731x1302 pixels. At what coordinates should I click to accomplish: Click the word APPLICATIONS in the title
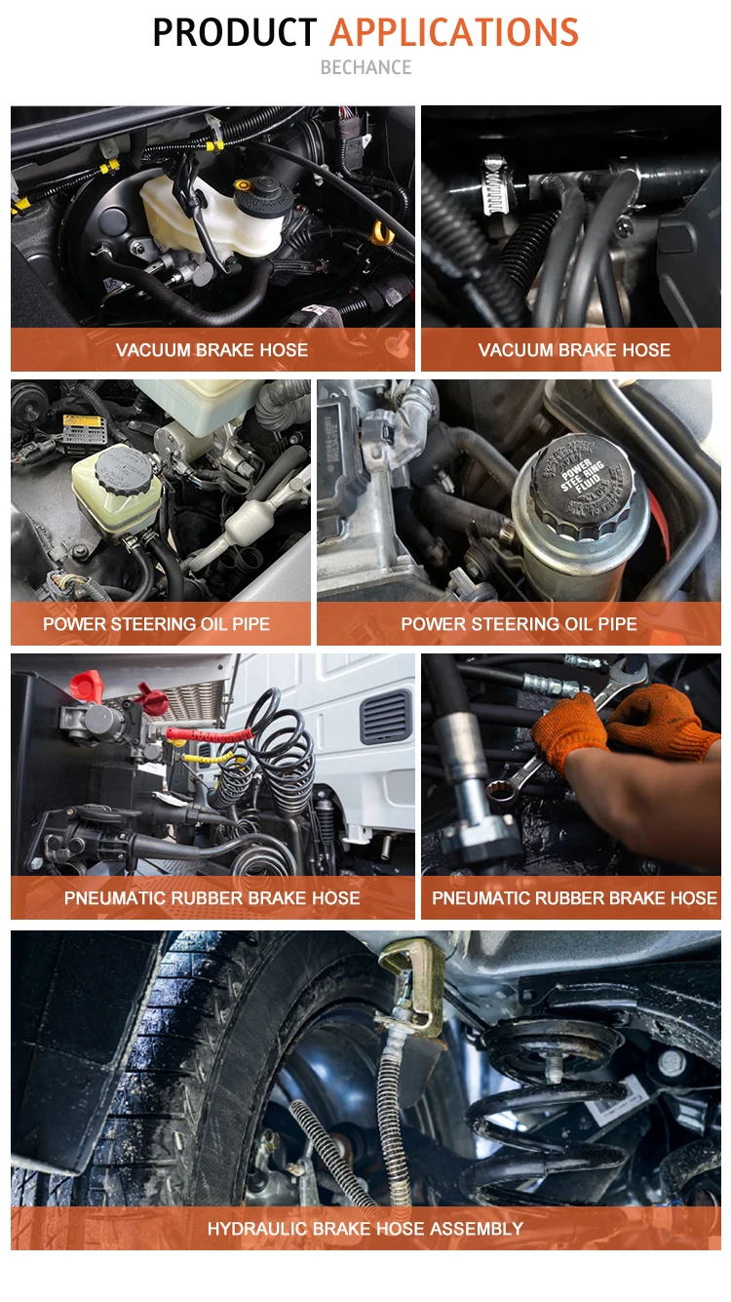pyautogui.click(x=454, y=32)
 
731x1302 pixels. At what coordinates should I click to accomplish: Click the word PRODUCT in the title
pyautogui.click(x=234, y=32)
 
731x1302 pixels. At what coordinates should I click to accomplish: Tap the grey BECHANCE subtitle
pyautogui.click(x=365, y=67)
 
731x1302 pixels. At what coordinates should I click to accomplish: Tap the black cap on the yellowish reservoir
pyautogui.click(x=122, y=470)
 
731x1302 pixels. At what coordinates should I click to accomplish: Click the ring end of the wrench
pyautogui.click(x=500, y=791)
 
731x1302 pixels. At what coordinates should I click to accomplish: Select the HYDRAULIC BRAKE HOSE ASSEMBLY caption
pyautogui.click(x=365, y=1228)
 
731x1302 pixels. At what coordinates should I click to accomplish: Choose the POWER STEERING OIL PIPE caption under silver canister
pyautogui.click(x=519, y=623)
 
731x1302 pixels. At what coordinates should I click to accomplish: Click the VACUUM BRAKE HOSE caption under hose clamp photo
pyautogui.click(x=574, y=350)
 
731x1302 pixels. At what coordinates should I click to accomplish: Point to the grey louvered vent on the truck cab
pyautogui.click(x=385, y=717)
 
